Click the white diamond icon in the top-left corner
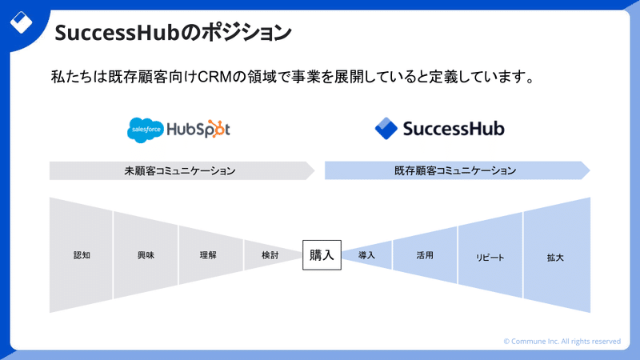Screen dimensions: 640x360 21,22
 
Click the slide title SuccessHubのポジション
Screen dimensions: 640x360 173,33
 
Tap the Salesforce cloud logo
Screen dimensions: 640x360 146,130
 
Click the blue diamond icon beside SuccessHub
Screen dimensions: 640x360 386,129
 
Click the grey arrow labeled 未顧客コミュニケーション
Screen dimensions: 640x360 182,170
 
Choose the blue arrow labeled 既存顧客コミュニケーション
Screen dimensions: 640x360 458,170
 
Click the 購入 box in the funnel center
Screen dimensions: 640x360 322,255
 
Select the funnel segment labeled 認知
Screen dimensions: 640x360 81,255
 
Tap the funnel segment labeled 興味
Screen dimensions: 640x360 146,255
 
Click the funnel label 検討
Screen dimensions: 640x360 270,255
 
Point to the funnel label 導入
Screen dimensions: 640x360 366,255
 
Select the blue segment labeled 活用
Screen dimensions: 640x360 425,255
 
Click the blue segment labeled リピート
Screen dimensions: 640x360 490,255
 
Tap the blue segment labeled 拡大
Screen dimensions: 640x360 557,255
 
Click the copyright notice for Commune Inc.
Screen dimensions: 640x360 562,342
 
